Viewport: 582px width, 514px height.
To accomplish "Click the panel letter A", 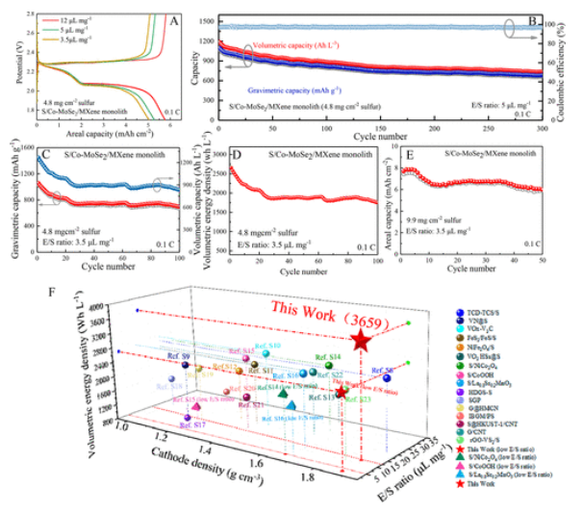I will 169,17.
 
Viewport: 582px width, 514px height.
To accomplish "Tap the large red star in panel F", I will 361,340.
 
